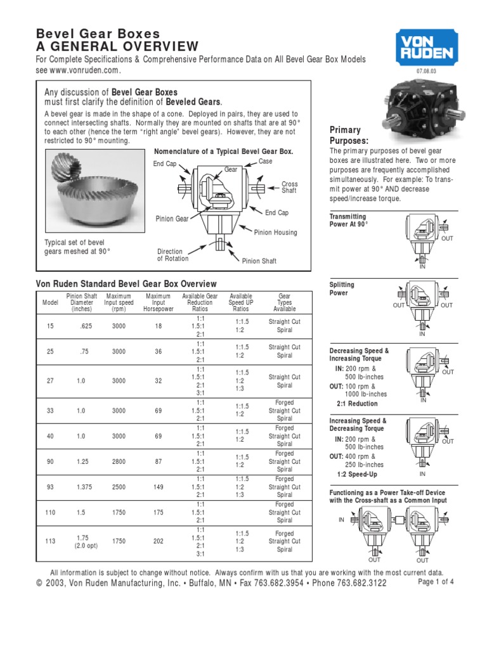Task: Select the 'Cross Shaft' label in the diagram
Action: (x=289, y=187)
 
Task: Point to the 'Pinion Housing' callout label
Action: (x=275, y=233)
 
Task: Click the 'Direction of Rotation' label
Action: (x=172, y=255)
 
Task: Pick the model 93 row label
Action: (x=51, y=487)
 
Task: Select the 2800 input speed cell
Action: (x=119, y=461)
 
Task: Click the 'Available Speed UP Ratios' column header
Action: (x=240, y=302)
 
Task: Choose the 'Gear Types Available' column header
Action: (x=285, y=302)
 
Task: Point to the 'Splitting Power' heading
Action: (x=342, y=289)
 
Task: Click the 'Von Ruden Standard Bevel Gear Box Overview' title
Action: (x=126, y=284)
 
